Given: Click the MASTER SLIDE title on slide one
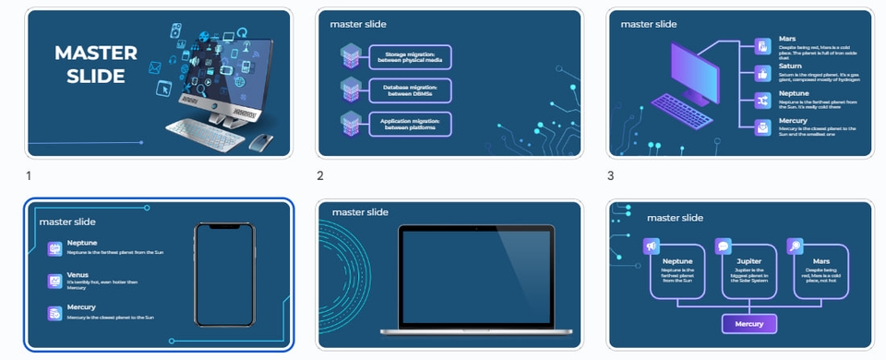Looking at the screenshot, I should [x=95, y=65].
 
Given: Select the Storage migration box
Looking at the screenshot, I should [x=410, y=58].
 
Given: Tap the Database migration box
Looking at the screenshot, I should [x=410, y=90].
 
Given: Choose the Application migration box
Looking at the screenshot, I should [x=410, y=124].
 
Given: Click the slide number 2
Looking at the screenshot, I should [x=320, y=175].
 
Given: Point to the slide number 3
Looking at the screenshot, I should [x=610, y=175].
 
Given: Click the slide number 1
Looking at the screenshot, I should [x=29, y=175].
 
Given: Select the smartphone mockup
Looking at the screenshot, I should [x=224, y=274].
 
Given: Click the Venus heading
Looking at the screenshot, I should [x=78, y=275].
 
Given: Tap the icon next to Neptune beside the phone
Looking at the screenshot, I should [x=55, y=248].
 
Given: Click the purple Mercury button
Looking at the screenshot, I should [x=748, y=324].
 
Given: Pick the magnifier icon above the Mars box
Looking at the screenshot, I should [x=796, y=246].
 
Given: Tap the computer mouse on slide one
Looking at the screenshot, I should [x=260, y=141].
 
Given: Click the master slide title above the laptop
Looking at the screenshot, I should [x=361, y=212].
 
